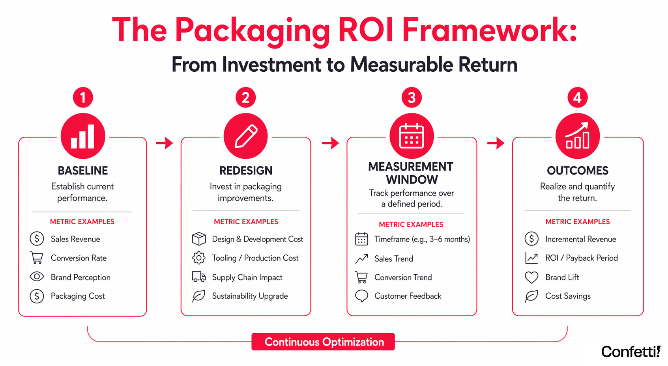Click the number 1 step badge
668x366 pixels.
[83, 97]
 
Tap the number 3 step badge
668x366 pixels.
[412, 97]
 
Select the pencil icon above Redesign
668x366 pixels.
[246, 136]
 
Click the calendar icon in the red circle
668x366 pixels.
[412, 136]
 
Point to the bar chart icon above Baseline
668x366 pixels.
[83, 136]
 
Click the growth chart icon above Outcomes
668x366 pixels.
[578, 136]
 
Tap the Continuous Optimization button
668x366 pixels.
[323, 342]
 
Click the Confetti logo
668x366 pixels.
[631, 351]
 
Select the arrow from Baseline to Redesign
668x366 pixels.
[164, 143]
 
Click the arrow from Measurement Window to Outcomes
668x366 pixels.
[496, 143]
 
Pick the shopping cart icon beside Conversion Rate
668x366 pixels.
[37, 258]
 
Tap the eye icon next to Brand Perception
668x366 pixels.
[37, 277]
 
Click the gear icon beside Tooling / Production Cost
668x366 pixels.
[199, 258]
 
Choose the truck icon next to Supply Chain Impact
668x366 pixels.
[199, 277]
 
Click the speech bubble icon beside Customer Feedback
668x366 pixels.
[361, 296]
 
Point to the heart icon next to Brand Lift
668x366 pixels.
[531, 277]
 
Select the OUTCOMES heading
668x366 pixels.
[578, 171]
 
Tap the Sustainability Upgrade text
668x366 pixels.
[250, 296]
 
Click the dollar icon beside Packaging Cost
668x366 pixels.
[37, 296]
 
